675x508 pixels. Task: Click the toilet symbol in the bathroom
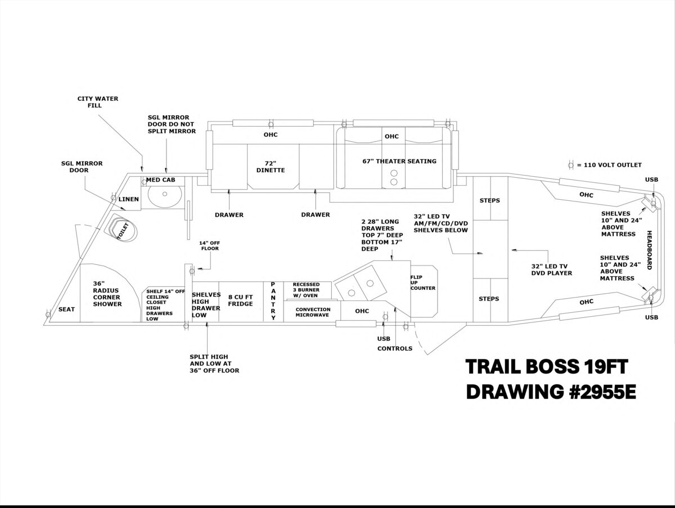[121, 230]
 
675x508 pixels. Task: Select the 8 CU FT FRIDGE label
[240, 300]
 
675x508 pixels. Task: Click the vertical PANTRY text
[273, 301]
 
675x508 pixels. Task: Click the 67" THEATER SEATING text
[399, 161]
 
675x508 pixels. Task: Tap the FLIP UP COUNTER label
[422, 282]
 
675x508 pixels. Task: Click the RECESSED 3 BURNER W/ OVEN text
[307, 290]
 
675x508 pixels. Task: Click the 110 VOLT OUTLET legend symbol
[571, 165]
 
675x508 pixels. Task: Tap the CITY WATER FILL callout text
[98, 102]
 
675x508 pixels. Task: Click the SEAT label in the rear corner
[66, 309]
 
